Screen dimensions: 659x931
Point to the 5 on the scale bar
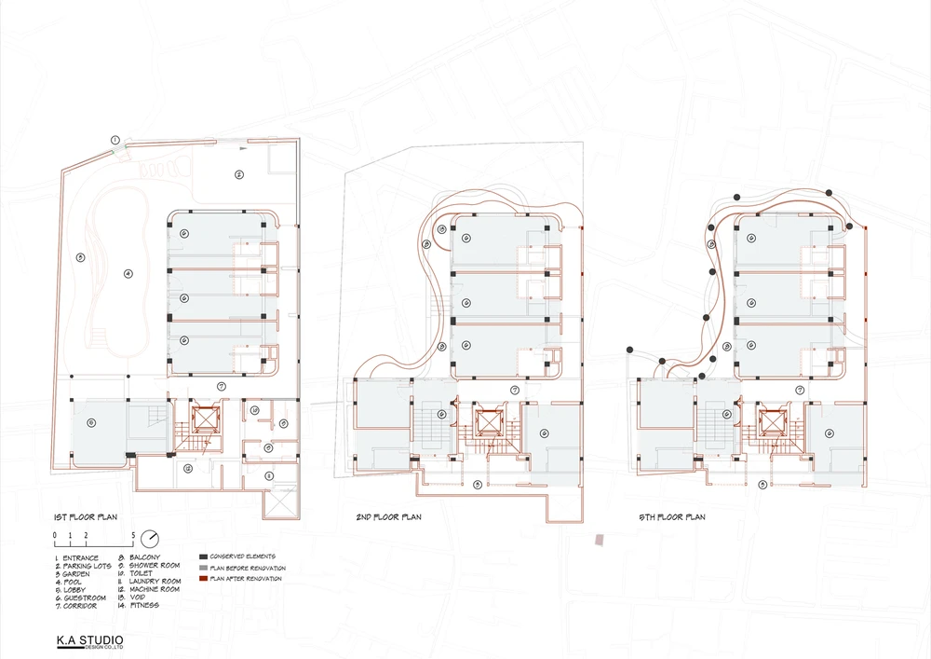[x=135, y=534]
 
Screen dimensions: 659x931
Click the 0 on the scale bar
[x=56, y=534]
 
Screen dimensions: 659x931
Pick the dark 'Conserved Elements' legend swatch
[x=203, y=556]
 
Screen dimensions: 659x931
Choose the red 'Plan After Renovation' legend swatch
[x=203, y=579]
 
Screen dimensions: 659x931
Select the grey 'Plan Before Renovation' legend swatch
[x=203, y=568]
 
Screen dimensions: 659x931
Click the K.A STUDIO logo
[x=88, y=641]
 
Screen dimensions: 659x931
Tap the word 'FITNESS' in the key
[x=146, y=606]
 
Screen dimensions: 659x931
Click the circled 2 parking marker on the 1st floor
[x=238, y=174]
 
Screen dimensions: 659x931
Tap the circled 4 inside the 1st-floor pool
[x=129, y=273]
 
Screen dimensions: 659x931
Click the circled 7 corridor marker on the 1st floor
[x=221, y=385]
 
